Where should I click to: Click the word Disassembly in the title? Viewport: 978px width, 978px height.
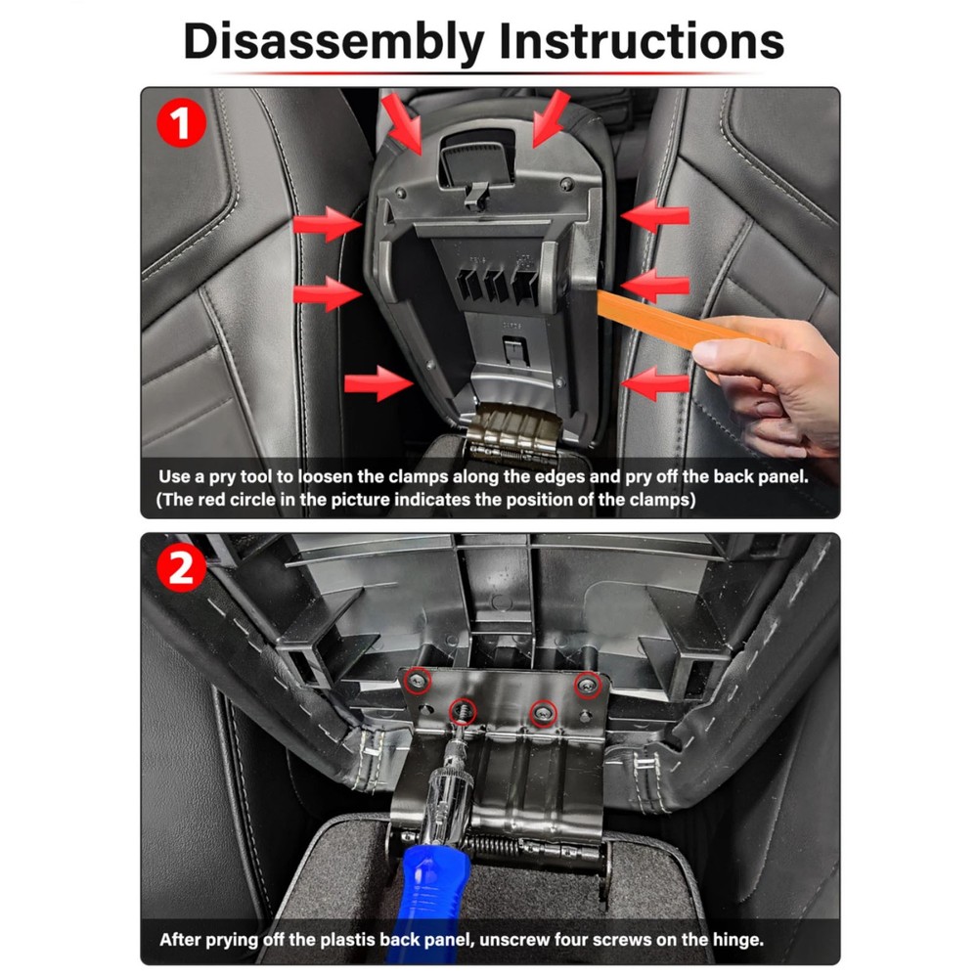pyautogui.click(x=334, y=41)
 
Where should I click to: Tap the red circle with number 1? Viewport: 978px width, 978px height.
pyautogui.click(x=181, y=123)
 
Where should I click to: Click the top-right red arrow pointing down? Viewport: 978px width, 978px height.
pyautogui.click(x=551, y=118)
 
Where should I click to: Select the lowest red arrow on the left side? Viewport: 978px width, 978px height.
pyautogui.click(x=378, y=383)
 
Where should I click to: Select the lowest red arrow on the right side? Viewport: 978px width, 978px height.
pyautogui.click(x=655, y=383)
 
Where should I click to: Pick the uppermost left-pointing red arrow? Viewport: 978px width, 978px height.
pyautogui.click(x=655, y=216)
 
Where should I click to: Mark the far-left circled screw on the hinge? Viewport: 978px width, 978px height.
pyautogui.click(x=417, y=681)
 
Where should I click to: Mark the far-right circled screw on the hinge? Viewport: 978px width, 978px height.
pyautogui.click(x=587, y=686)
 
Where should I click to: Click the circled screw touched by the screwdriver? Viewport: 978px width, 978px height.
pyautogui.click(x=463, y=710)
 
